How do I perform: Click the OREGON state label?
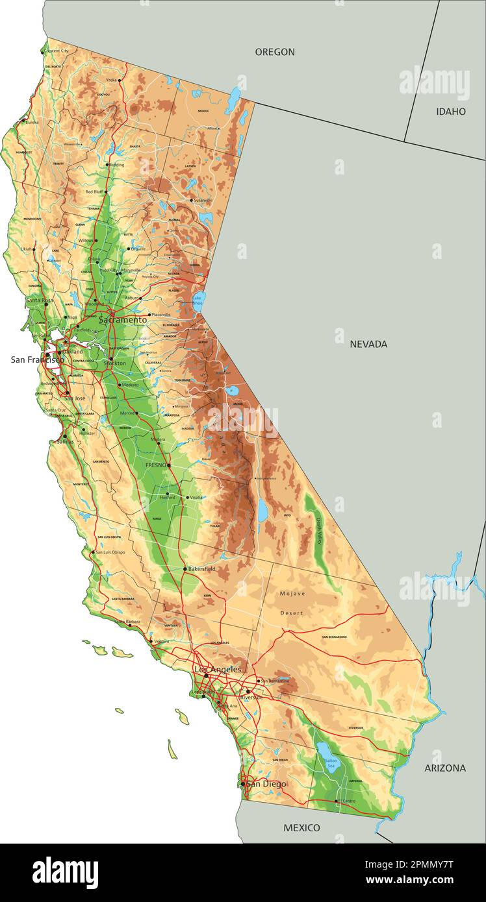[x=274, y=52]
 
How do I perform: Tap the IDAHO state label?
[x=450, y=112]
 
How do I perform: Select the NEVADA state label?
[x=368, y=344]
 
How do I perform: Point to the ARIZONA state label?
[x=445, y=768]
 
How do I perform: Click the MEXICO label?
[x=301, y=827]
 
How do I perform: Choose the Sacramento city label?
[x=123, y=320]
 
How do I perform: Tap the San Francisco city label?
[x=37, y=360]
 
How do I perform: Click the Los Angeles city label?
[x=218, y=669]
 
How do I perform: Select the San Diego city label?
[x=266, y=784]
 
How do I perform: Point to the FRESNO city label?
[x=157, y=465]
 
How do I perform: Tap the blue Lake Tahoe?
[x=199, y=300]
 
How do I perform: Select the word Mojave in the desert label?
[x=292, y=593]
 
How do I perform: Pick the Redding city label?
[x=116, y=165]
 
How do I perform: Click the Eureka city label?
[x=32, y=121]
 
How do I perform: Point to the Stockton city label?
[x=115, y=363]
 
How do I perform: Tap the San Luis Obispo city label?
[x=110, y=552]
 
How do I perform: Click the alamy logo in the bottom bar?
[x=65, y=873]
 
